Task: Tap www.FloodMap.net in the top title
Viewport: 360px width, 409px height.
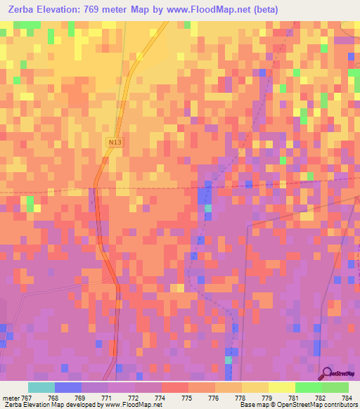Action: pyautogui.click(x=204, y=10)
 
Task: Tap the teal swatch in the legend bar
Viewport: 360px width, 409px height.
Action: pyautogui.click(x=41, y=387)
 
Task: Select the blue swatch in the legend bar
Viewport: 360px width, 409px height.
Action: pyautogui.click(x=68, y=387)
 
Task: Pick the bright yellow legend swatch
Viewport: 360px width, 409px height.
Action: pyautogui.click(x=281, y=387)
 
